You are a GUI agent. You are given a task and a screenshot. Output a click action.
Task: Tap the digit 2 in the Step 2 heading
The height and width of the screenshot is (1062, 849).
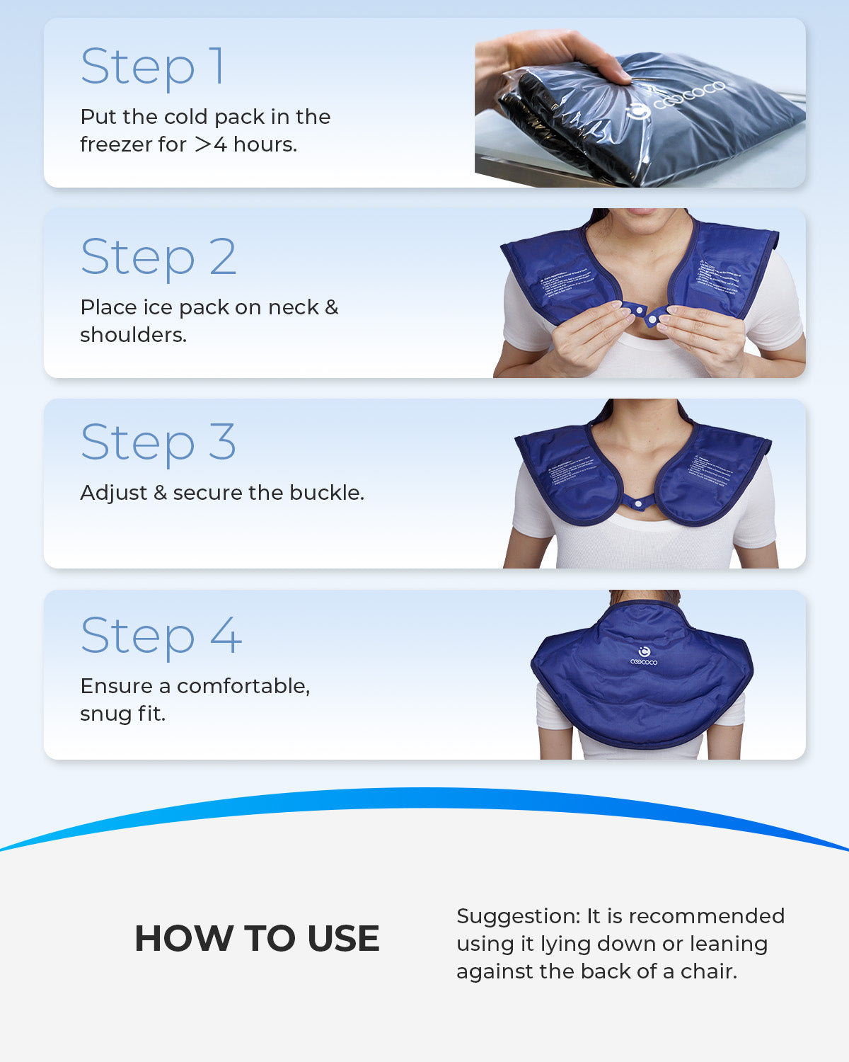click(223, 257)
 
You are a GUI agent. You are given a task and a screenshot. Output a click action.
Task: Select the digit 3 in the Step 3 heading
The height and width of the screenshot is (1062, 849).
click(222, 442)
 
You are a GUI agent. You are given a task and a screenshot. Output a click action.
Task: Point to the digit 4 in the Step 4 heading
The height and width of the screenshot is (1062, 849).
click(226, 635)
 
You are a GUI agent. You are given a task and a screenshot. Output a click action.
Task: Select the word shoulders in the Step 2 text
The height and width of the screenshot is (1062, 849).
click(133, 335)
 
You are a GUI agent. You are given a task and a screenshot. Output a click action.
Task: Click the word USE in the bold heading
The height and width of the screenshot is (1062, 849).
click(343, 939)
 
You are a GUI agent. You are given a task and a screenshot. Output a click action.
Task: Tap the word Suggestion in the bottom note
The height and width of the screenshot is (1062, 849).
click(518, 917)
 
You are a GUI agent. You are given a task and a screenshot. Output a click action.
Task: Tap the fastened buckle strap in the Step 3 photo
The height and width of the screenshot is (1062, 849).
click(641, 504)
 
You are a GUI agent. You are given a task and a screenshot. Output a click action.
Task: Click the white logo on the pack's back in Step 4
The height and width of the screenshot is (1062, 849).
click(644, 656)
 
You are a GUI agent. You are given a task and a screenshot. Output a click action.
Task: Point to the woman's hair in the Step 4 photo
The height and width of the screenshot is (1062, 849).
click(644, 596)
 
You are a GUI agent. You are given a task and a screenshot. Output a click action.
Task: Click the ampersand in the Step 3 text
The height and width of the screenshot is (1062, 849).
click(160, 493)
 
